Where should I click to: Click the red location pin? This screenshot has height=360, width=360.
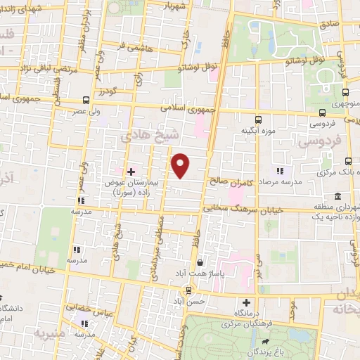pos(181,166)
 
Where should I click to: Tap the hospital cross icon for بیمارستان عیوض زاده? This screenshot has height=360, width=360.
pos(131,171)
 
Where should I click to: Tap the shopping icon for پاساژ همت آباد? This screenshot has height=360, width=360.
pos(200,262)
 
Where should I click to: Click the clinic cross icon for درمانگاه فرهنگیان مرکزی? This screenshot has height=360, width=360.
pos(245,302)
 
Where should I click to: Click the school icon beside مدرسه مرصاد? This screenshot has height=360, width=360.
pos(280,170)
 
